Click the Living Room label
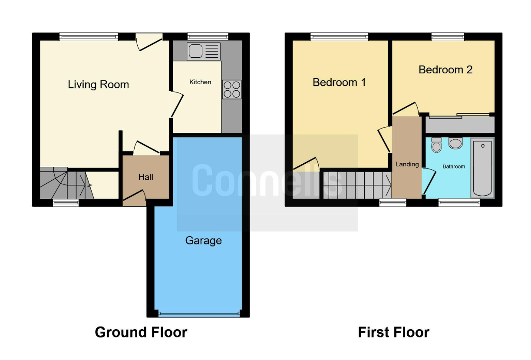pyautogui.click(x=99, y=85)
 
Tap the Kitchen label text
pyautogui.click(x=200, y=82)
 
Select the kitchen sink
pyautogui.click(x=204, y=51)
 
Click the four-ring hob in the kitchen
pyautogui.click(x=231, y=89)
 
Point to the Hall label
pyautogui.click(x=146, y=177)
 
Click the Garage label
pyautogui.click(x=203, y=241)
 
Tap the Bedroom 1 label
pyautogui.click(x=339, y=83)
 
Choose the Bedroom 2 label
pyautogui.click(x=445, y=69)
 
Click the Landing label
pyautogui.click(x=407, y=164)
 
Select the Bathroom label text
pyautogui.click(x=454, y=166)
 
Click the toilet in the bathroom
pyautogui.click(x=436, y=145)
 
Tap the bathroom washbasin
pyautogui.click(x=455, y=143)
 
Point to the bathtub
pyautogui.click(x=482, y=168)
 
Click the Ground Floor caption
pyautogui.click(x=141, y=332)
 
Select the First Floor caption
pyautogui.click(x=393, y=332)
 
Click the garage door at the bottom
pyautogui.click(x=199, y=314)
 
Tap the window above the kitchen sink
pyautogui.click(x=208, y=36)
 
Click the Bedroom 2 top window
pyautogui.click(x=448, y=36)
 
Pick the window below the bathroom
pyautogui.click(x=459, y=202)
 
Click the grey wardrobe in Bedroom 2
pyautogui.click(x=460, y=125)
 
